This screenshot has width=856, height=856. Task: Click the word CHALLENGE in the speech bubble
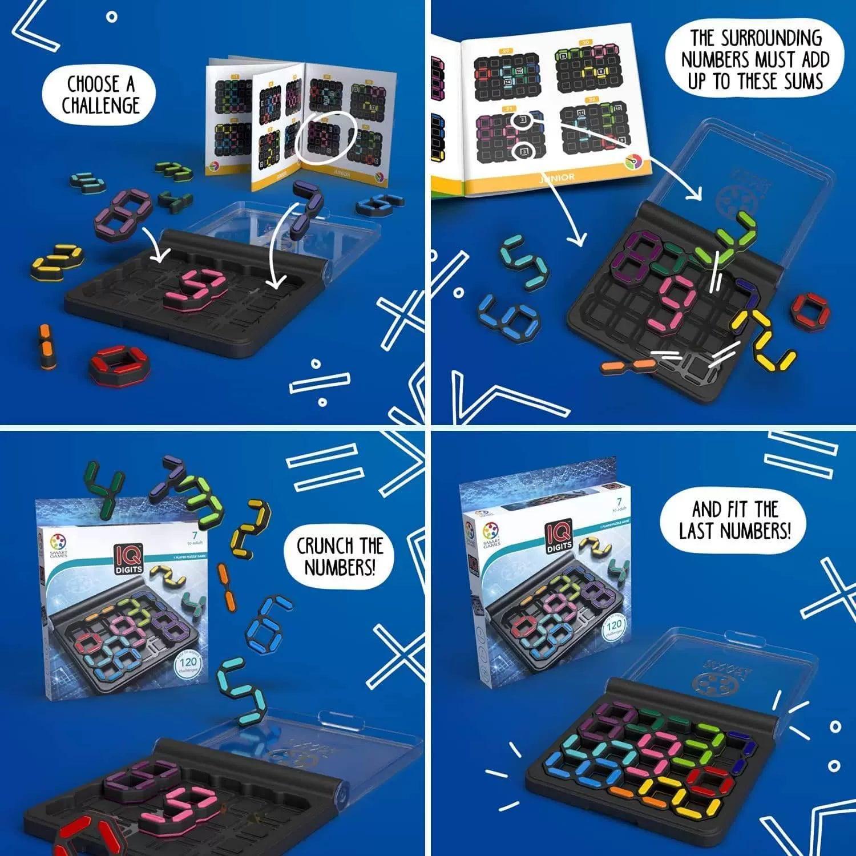[x=100, y=106]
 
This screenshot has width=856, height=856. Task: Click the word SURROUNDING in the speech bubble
[x=756, y=38]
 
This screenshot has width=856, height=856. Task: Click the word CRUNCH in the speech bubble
[x=322, y=546]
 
